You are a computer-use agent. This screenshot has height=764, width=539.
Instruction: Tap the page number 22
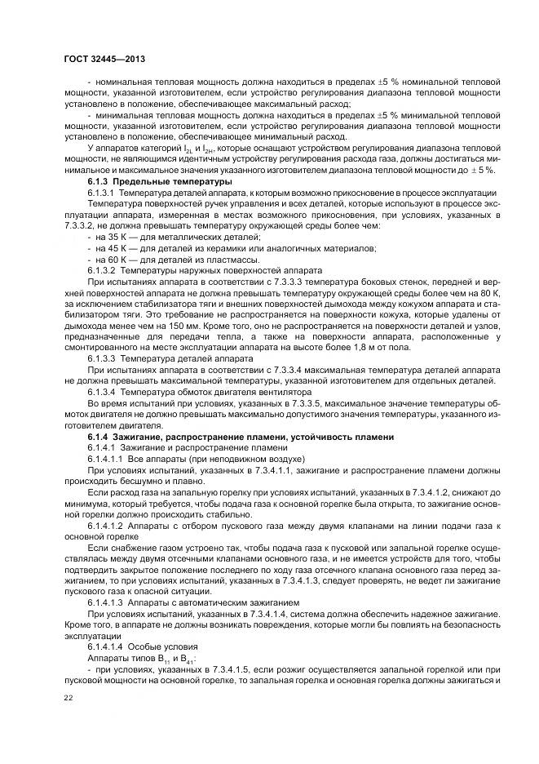[x=68, y=696]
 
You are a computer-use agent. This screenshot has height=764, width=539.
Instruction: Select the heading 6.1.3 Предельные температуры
[x=160, y=180]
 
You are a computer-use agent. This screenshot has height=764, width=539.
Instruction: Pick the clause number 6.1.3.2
[x=104, y=269]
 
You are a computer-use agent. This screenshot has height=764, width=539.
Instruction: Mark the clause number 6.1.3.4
[x=104, y=392]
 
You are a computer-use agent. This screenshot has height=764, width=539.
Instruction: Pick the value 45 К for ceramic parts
[x=115, y=247]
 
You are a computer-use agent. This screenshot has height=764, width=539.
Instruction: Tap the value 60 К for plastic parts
[x=115, y=258]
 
